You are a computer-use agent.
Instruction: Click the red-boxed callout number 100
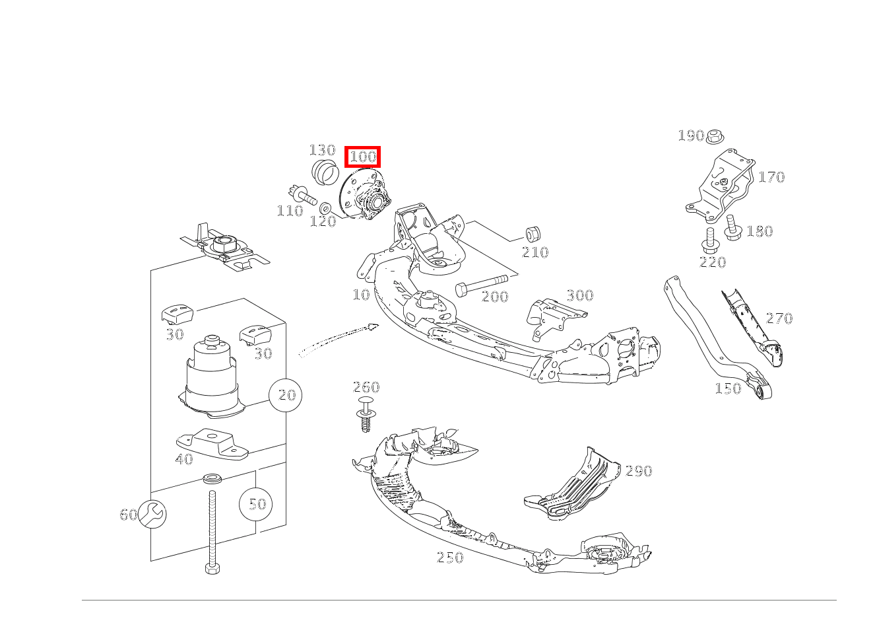click(362, 157)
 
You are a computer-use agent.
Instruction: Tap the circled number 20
click(286, 395)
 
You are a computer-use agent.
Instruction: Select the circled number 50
click(256, 503)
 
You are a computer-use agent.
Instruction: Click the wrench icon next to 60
click(152, 514)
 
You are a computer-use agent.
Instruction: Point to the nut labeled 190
click(715, 136)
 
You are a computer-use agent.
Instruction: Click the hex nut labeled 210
click(533, 234)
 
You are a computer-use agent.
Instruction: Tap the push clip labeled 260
click(366, 414)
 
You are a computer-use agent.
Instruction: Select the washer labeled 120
click(325, 208)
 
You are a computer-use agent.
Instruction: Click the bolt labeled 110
click(302, 196)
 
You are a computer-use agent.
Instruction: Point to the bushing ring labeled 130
click(325, 172)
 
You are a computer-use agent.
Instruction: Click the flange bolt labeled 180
click(733, 228)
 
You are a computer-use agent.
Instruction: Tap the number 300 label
click(580, 295)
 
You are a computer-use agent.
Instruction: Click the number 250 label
click(450, 557)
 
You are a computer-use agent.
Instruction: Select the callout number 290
click(639, 470)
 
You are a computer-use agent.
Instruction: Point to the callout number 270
click(779, 318)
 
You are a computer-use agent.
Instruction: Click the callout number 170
click(771, 177)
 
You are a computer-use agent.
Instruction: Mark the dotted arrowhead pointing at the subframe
click(373, 326)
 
